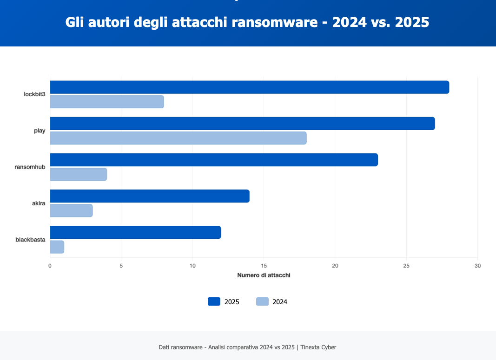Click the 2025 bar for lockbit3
click(249, 87)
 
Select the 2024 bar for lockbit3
click(107, 102)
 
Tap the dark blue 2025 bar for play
click(242, 124)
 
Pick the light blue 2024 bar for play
click(178, 138)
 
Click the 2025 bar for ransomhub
click(214, 160)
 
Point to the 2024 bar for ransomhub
click(78, 174)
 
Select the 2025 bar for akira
click(150, 196)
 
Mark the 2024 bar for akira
click(71, 210)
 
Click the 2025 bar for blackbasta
click(135, 232)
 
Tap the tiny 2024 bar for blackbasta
click(57, 247)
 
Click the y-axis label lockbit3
click(34, 94)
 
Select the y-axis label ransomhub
click(30, 167)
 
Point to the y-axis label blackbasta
click(30, 240)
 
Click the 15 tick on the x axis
click(264, 266)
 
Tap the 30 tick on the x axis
click(477, 266)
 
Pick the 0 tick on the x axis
click(50, 266)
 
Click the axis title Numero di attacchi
click(264, 275)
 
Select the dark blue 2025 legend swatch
click(214, 301)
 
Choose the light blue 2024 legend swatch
click(262, 301)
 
